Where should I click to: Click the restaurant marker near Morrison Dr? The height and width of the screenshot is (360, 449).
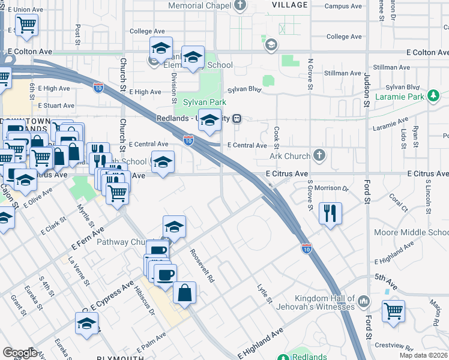tap(330, 213)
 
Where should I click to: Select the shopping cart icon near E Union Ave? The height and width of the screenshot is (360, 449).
tap(26, 26)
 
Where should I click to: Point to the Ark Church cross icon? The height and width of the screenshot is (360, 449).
tap(319, 156)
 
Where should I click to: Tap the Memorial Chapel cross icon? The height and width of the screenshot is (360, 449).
tap(240, 6)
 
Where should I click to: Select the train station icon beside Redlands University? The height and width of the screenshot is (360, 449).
tap(238, 118)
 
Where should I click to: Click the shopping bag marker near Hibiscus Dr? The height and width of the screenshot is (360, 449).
tap(185, 292)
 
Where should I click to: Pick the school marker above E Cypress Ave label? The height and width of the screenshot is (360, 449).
tap(87, 323)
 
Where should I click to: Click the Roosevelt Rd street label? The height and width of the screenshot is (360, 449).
tap(202, 266)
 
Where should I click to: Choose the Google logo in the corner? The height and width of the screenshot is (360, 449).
tap(20, 353)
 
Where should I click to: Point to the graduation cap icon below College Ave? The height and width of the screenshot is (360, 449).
tap(161, 47)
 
